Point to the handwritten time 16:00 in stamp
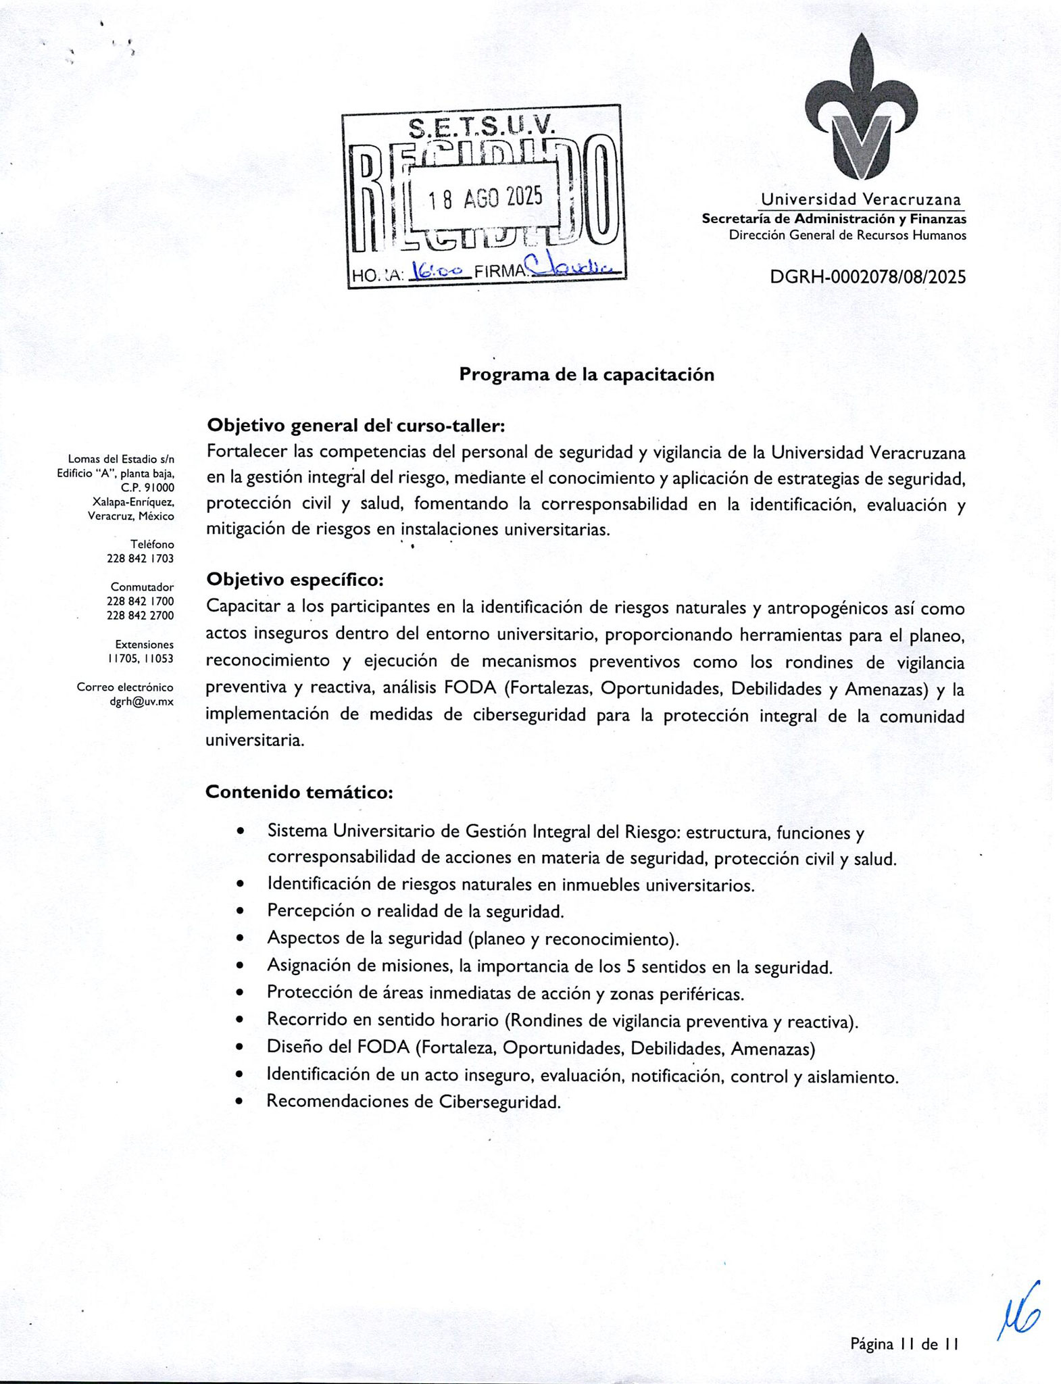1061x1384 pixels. (439, 270)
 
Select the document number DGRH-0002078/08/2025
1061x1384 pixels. (868, 277)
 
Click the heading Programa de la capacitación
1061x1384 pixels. (587, 374)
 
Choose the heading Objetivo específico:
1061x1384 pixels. (295, 580)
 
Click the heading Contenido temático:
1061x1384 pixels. (299, 791)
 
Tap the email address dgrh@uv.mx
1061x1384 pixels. (141, 701)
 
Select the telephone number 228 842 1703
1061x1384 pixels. (140, 558)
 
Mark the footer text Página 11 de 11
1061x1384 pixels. (905, 1344)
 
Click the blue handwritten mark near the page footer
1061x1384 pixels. (1018, 1312)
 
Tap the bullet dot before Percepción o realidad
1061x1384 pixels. (240, 912)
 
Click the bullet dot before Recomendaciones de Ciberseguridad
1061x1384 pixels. (240, 1102)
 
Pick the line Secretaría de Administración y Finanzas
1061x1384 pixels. (833, 219)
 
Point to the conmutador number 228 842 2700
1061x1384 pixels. (140, 616)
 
